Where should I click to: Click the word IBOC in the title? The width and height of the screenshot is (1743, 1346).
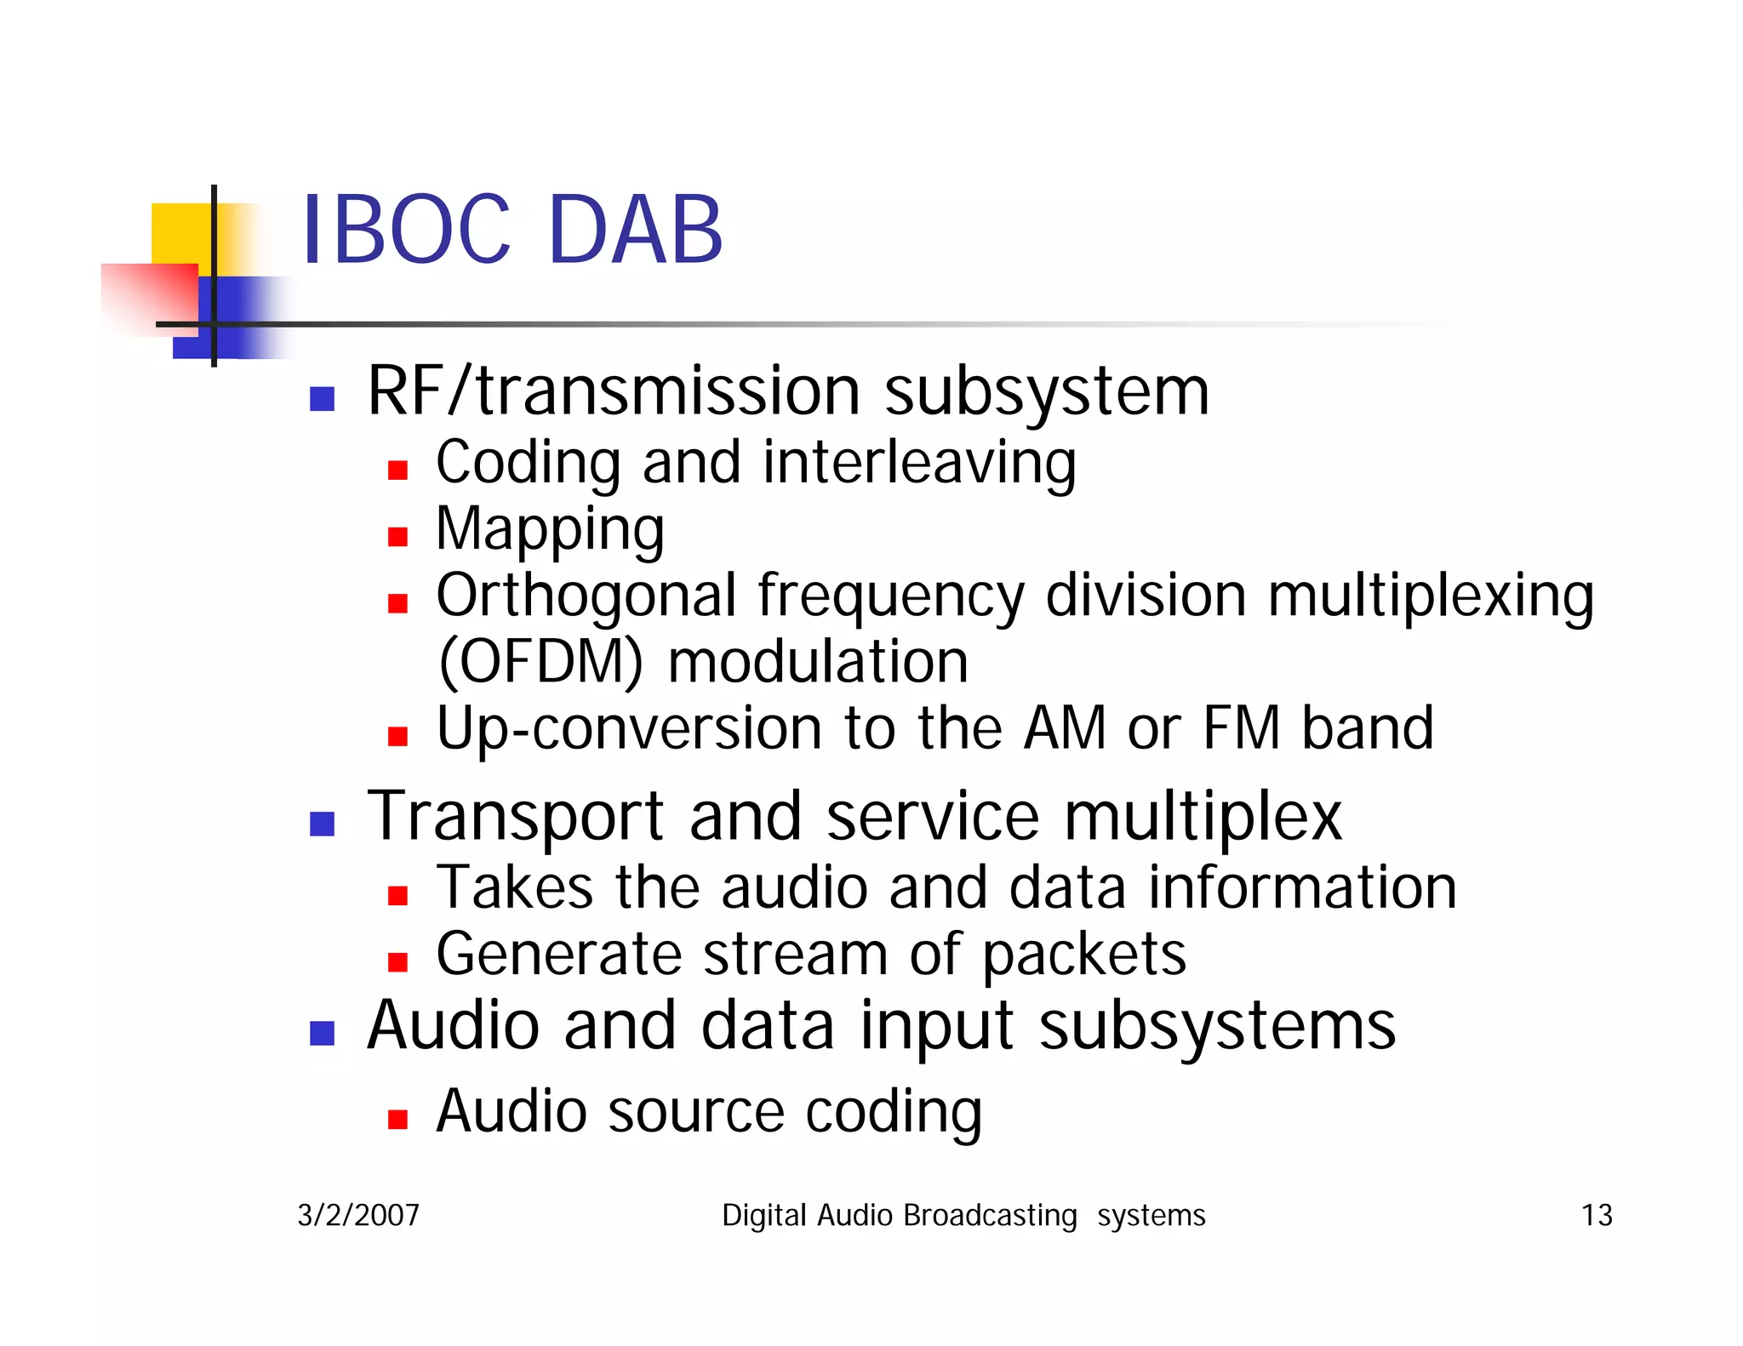[x=406, y=230]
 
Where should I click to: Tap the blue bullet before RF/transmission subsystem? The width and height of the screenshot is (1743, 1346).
[x=322, y=398]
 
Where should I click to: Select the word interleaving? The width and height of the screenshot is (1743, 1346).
[x=919, y=464]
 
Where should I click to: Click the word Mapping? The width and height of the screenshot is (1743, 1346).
[x=550, y=530]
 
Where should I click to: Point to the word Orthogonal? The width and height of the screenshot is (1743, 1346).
[x=586, y=596]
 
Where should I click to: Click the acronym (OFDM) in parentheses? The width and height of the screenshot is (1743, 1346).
[x=540, y=662]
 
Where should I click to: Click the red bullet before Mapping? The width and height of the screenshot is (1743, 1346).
[x=397, y=536]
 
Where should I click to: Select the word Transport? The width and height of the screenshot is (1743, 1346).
[x=515, y=818]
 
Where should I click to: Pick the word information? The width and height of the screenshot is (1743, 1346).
[x=1302, y=888]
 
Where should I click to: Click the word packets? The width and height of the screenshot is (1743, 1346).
[x=1084, y=955]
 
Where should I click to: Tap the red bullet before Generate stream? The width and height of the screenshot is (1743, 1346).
[x=397, y=961]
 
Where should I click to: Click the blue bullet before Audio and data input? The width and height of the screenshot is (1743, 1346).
[x=322, y=1033]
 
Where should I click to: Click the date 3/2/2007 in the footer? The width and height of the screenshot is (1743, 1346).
[x=358, y=1215]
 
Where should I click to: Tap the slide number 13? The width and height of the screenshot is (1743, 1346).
[x=1596, y=1215]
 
